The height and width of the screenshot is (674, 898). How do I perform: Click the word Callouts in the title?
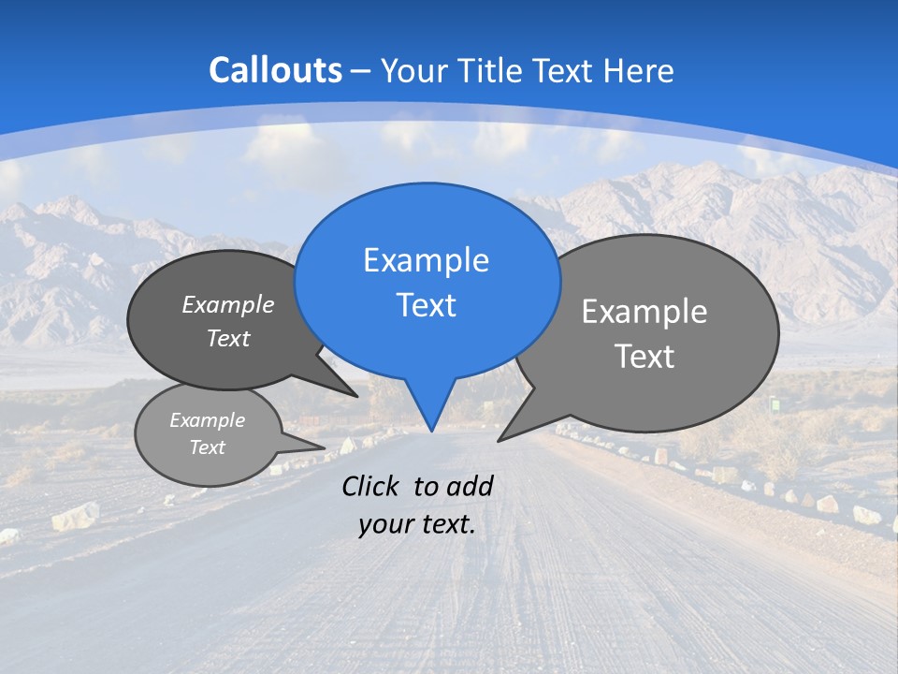tap(275, 70)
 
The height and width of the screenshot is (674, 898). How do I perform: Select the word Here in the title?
tap(639, 71)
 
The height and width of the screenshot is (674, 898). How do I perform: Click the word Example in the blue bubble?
tap(426, 260)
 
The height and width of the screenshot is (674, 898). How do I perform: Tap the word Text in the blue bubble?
tap(426, 305)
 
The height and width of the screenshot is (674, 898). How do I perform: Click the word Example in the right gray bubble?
tap(645, 312)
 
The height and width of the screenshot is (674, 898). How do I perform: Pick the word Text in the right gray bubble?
tap(645, 357)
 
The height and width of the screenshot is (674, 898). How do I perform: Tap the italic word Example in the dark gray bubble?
tap(228, 305)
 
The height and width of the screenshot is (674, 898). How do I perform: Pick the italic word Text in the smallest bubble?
tap(207, 447)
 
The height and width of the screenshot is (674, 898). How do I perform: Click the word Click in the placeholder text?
tap(371, 486)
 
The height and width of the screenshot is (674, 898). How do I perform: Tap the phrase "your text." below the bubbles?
tap(417, 525)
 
